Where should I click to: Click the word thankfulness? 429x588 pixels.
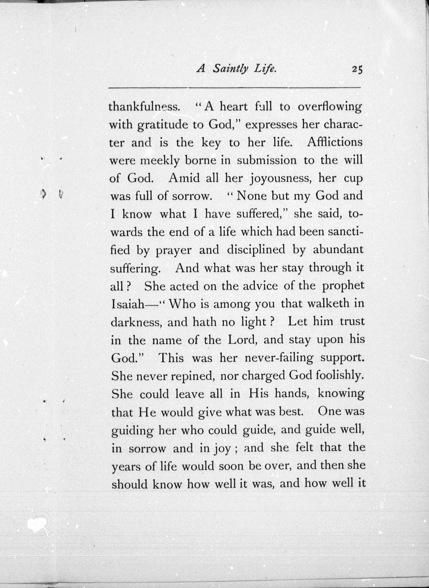pyautogui.click(x=144, y=107)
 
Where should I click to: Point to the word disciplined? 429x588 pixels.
pyautogui.click(x=256, y=250)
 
